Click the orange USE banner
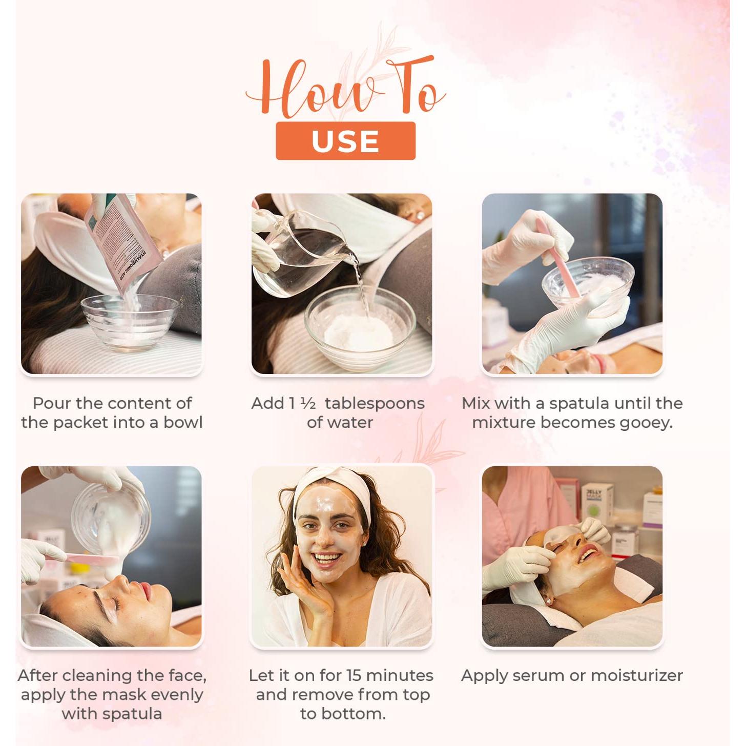345,141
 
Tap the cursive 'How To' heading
345,87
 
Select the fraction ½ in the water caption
308,404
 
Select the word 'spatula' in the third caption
580,404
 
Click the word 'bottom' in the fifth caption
357,714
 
